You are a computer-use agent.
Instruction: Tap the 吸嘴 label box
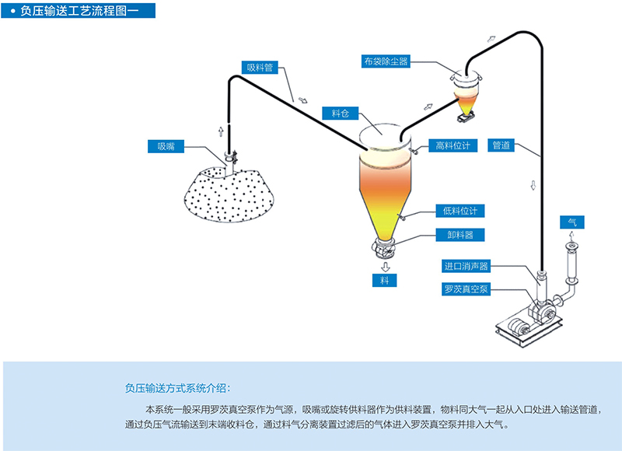[x=166, y=145]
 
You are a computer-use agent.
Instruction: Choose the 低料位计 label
[x=460, y=211]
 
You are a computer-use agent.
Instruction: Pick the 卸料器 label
[x=454, y=234]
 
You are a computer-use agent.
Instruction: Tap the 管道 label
[x=501, y=145]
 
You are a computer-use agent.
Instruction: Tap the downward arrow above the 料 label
[x=384, y=266]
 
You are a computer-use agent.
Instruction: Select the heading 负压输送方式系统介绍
[x=177, y=388]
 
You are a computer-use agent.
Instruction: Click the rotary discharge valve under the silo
[x=384, y=249]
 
